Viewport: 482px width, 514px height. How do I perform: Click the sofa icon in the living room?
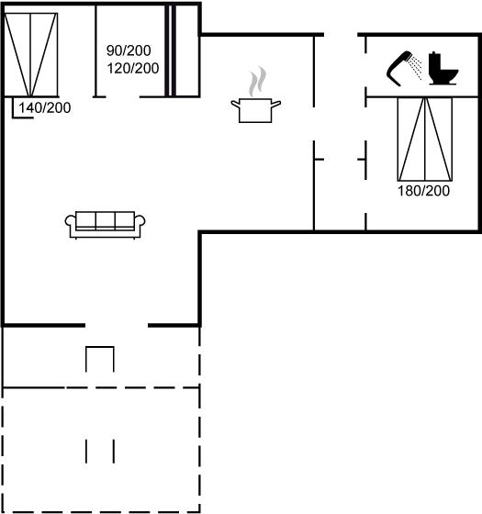pyautogui.click(x=105, y=225)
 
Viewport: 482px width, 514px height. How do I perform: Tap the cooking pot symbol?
pyautogui.click(x=256, y=110)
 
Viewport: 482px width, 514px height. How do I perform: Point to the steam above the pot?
pyautogui.click(x=257, y=82)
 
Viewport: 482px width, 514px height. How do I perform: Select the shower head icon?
pyautogui.click(x=399, y=68)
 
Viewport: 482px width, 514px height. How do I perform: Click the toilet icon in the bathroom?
pyautogui.click(x=443, y=69)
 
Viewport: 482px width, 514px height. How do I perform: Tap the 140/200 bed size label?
pyautogui.click(x=45, y=108)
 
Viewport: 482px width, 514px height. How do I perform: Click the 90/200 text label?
pyautogui.click(x=129, y=50)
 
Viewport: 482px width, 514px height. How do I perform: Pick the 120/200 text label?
pyautogui.click(x=133, y=68)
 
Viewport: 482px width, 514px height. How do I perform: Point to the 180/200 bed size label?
pyautogui.click(x=423, y=191)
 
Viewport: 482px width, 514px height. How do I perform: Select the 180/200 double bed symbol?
pyautogui.click(x=425, y=139)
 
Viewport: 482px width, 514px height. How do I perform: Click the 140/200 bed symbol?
pyautogui.click(x=31, y=55)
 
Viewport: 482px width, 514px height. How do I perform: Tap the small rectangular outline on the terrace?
pyautogui.click(x=100, y=359)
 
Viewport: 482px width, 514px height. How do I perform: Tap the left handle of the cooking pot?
pyautogui.click(x=235, y=105)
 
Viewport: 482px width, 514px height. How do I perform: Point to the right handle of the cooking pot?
pyautogui.click(x=276, y=105)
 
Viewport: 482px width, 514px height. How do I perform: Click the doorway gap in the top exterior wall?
pyautogui.click(x=341, y=35)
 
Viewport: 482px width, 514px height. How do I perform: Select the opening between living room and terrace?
pyautogui.click(x=117, y=325)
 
